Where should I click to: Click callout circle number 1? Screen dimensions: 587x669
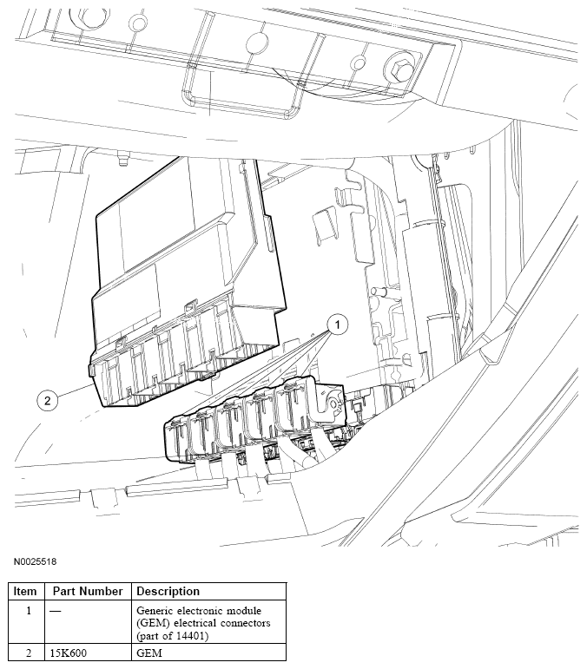(337, 325)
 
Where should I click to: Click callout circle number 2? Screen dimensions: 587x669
(48, 400)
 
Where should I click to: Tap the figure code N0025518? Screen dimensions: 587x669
(35, 561)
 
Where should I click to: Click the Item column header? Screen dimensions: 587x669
(25, 592)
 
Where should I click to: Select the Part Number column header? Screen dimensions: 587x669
(88, 592)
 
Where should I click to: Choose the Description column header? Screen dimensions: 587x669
(168, 592)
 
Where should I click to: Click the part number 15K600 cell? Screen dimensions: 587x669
(69, 653)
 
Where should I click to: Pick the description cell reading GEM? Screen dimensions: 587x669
(149, 653)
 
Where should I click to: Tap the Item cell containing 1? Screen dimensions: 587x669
(29, 611)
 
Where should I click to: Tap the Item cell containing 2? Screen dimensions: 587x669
(29, 653)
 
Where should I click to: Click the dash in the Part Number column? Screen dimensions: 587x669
(55, 611)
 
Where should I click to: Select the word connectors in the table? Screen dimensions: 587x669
(246, 623)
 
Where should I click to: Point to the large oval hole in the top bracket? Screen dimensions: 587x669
(258, 43)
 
